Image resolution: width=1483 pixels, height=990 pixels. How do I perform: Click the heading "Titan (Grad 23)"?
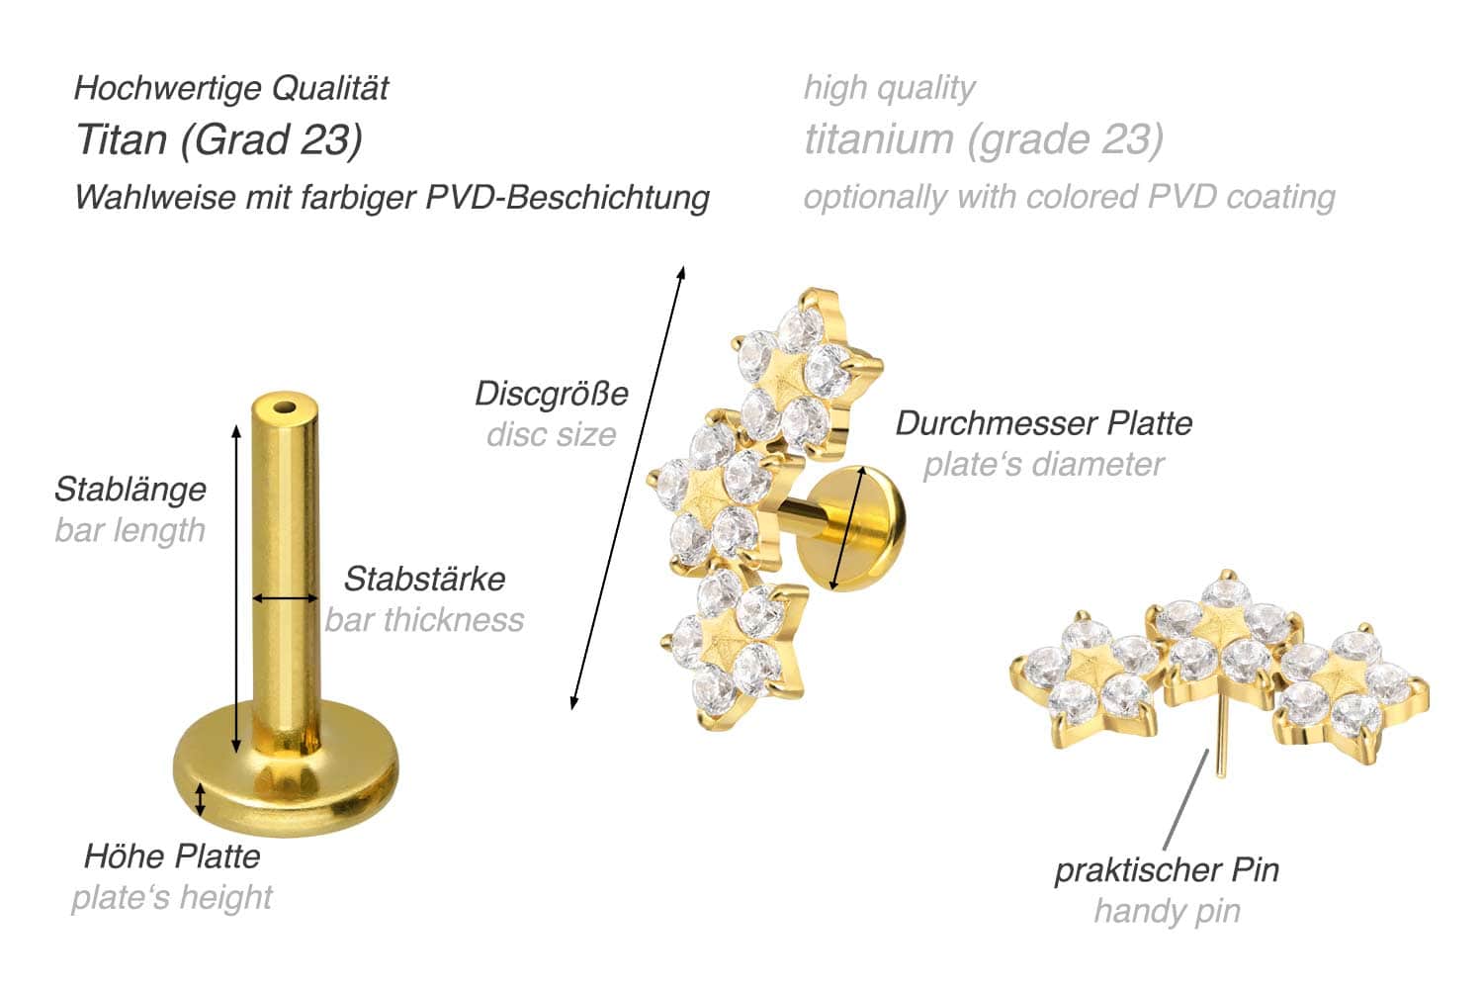[219, 140]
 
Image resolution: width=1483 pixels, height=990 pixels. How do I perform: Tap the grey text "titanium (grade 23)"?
[984, 139]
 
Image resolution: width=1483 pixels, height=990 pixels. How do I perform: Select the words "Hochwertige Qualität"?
[231, 88]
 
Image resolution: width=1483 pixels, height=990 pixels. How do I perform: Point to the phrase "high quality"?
[889, 88]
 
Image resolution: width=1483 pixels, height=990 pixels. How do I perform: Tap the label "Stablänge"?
[131, 490]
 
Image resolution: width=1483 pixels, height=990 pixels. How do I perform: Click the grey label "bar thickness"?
[424, 620]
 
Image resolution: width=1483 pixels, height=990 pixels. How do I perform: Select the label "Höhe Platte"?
[172, 856]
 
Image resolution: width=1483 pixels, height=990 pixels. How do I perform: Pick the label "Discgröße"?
[552, 394]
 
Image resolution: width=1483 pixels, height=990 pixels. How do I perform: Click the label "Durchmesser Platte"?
[1044, 423]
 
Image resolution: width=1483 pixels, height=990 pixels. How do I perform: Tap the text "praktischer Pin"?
[1167, 870]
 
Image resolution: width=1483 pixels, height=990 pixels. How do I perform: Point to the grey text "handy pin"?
[1168, 911]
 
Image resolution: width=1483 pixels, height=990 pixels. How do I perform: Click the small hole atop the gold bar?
[286, 407]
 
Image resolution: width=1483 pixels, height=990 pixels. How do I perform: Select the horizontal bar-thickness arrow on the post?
[286, 598]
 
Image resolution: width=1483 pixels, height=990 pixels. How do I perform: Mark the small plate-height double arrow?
[200, 799]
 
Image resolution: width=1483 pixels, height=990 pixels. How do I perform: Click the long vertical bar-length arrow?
[236, 588]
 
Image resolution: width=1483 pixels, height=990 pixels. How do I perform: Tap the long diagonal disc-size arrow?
[628, 488]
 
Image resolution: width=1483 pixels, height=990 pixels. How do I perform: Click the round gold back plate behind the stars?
[850, 528]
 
